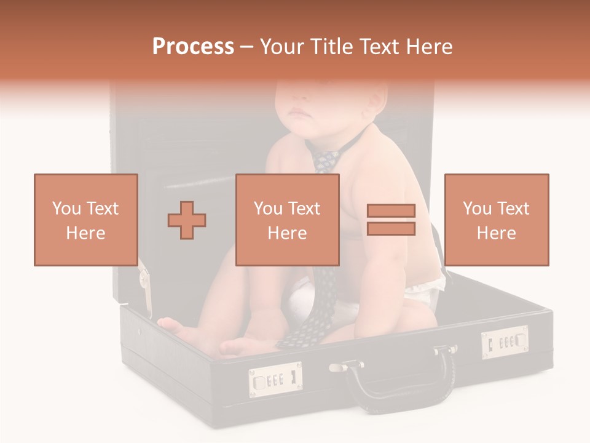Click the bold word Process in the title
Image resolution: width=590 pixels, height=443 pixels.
pos(193,46)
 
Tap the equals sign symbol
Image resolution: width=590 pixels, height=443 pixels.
pos(391,220)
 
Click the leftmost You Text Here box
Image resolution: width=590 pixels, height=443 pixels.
pos(85,220)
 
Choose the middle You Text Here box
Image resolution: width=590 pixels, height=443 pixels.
pos(287,220)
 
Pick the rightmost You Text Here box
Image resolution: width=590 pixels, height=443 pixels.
pos(496,220)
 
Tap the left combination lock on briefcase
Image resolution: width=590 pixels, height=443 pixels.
pos(275,380)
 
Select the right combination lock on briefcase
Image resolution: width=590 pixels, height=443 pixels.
pos(505,342)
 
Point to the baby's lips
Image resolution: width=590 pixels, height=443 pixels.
pos(300,114)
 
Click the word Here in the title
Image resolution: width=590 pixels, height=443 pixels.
pos(429,46)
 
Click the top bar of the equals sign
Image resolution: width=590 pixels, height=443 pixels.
pos(391,210)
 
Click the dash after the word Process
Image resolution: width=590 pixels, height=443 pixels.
pos(247,46)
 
